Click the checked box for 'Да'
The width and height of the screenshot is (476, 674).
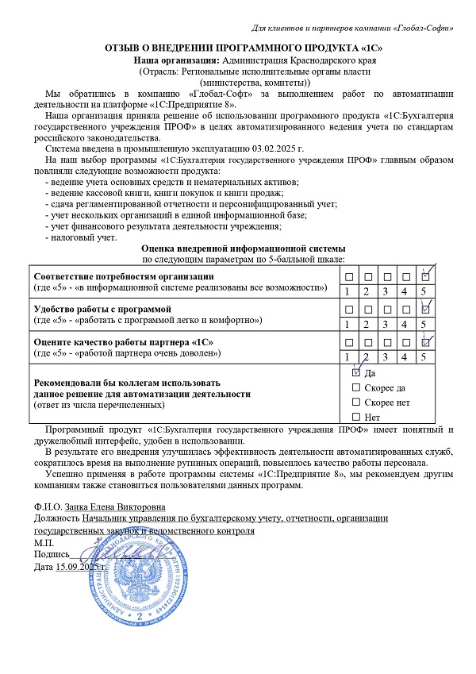(x=355, y=372)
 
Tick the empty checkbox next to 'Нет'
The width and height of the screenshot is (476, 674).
(x=355, y=417)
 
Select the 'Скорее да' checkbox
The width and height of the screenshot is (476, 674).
(x=355, y=387)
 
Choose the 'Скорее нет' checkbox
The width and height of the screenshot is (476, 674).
(x=355, y=402)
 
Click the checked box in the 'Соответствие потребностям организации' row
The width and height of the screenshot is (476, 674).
(x=425, y=276)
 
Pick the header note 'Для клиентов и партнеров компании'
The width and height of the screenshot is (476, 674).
(x=314, y=29)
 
